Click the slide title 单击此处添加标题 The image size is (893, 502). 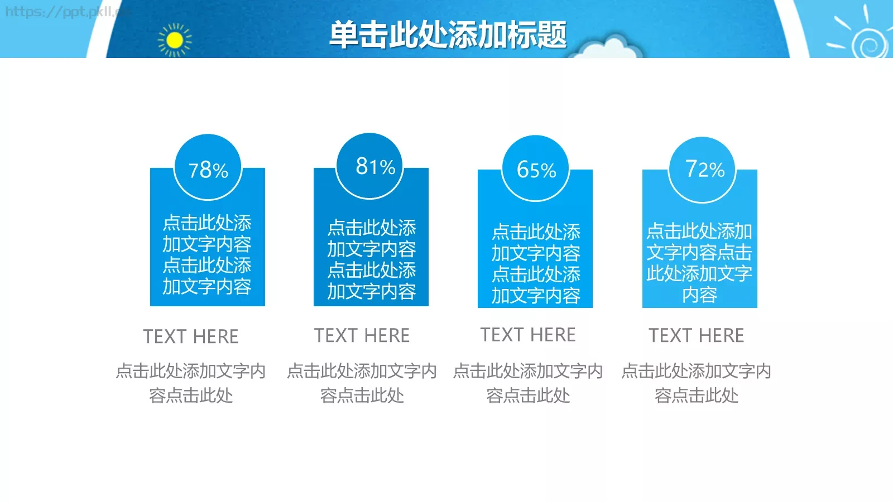click(448, 35)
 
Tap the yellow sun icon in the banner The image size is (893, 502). click(175, 40)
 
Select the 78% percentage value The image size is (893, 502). click(208, 170)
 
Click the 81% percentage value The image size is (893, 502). click(375, 166)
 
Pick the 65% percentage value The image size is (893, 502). click(536, 170)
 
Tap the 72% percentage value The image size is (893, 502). click(705, 168)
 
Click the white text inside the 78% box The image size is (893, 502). click(207, 254)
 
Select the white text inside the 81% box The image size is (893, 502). click(372, 259)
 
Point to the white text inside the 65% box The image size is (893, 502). click(536, 264)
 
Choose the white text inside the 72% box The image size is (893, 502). click(699, 263)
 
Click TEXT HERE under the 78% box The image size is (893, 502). click(191, 336)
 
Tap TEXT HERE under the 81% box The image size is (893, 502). click(362, 335)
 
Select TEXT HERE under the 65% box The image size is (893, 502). click(528, 335)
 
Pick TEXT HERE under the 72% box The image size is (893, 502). click(696, 335)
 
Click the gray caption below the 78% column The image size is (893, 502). click(191, 383)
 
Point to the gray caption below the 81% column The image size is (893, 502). click(362, 383)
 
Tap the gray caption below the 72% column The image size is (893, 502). click(696, 383)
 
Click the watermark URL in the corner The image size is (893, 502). click(61, 12)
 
